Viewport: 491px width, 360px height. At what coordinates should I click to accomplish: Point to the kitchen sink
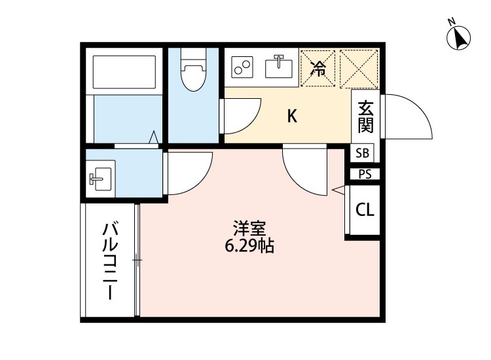click(280, 67)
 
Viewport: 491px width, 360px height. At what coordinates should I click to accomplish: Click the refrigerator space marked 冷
click(318, 67)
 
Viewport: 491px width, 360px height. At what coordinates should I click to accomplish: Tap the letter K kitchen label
click(293, 117)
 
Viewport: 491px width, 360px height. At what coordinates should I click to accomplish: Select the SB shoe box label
click(363, 154)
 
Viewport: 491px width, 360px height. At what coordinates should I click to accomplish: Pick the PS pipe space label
click(364, 174)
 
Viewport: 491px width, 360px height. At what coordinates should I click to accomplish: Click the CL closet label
click(365, 210)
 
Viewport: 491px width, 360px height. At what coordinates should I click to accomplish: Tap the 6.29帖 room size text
click(249, 247)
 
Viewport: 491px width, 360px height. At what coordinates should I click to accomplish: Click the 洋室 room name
click(249, 230)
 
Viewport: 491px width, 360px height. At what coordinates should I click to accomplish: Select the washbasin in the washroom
click(101, 177)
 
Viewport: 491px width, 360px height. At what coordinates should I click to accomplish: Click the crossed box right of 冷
click(359, 67)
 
